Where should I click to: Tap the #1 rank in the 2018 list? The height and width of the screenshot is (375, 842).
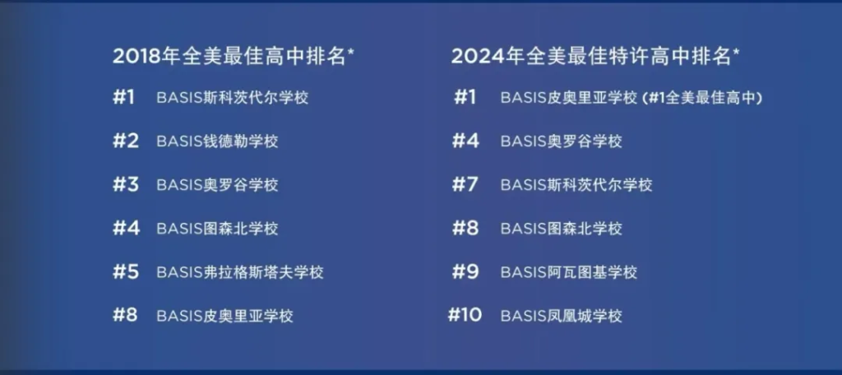(x=123, y=98)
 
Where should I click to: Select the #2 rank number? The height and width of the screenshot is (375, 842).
(x=126, y=141)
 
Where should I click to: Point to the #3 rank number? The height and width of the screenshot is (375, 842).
(x=126, y=185)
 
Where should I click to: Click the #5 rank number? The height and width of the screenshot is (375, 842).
(x=126, y=272)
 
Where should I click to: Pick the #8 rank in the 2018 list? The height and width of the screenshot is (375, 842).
(x=126, y=315)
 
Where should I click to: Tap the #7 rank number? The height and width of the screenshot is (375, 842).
(x=465, y=185)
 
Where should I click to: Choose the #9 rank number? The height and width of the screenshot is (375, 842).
(x=465, y=272)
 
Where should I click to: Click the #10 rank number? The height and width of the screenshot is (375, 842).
(x=465, y=315)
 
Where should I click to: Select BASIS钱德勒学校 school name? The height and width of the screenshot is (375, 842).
(x=217, y=141)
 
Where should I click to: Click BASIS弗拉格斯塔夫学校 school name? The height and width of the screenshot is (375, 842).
(x=240, y=272)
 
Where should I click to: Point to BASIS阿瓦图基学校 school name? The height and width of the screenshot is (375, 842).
(x=569, y=272)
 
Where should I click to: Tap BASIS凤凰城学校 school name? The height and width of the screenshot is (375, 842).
(x=562, y=315)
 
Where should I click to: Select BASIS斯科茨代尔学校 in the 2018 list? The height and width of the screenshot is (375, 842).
(x=233, y=98)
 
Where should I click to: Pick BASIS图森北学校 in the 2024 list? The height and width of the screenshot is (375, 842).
(x=562, y=229)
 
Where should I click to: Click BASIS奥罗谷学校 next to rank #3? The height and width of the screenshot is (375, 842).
(x=217, y=185)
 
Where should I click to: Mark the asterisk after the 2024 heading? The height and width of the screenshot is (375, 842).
(x=736, y=52)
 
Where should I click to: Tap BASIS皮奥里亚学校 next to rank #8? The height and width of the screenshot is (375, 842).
(x=225, y=315)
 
